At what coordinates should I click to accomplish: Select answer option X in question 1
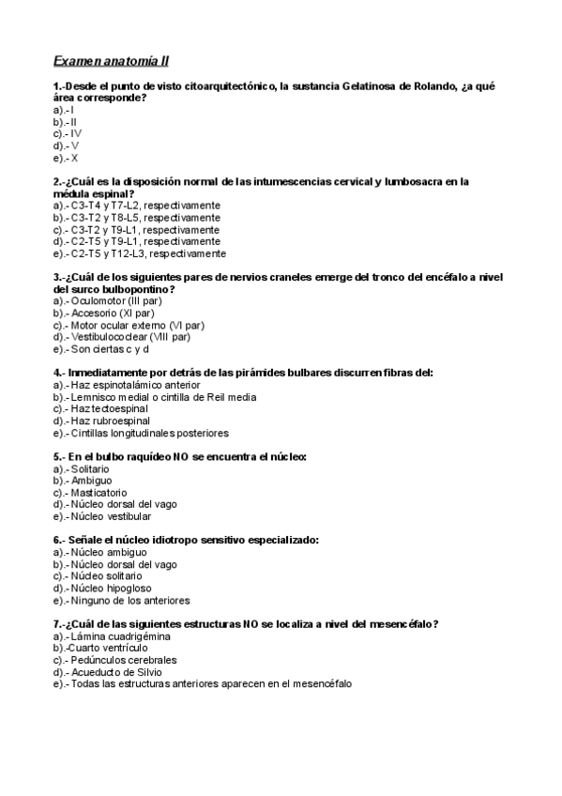coord(75,159)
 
